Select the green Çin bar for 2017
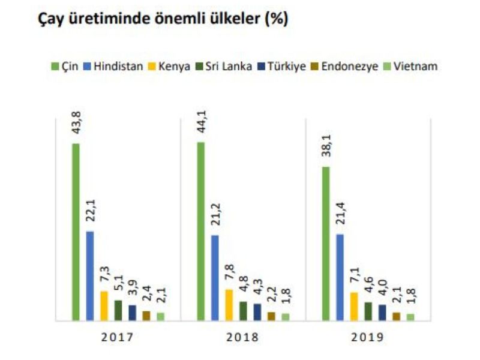tap(76, 232)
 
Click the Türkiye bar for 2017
tap(132, 313)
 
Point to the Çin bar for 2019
tap(325, 243)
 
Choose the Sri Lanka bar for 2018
tap(243, 311)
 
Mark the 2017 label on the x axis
tap(118, 337)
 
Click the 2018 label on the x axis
tap(242, 337)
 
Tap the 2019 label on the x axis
tap(367, 337)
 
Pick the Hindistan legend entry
tap(115, 67)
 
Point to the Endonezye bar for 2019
tap(396, 316)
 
